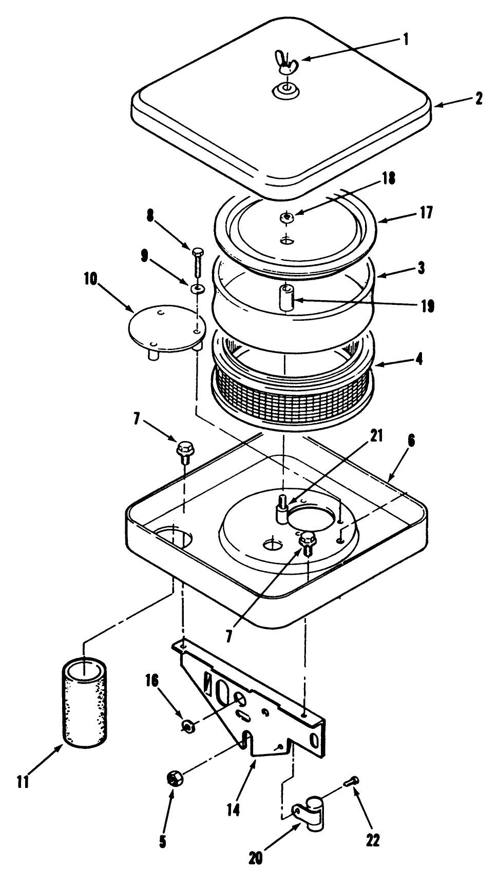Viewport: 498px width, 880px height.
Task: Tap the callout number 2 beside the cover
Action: pos(479,98)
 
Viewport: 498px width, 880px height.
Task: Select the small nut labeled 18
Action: pos(286,218)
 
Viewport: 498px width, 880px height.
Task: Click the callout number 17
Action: pos(426,213)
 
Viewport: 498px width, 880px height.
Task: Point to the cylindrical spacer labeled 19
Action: pos(286,298)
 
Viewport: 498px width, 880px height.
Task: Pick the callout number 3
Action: pos(421,268)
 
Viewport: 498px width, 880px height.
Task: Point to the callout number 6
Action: pos(412,441)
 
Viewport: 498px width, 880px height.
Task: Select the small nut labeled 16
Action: pos(187,726)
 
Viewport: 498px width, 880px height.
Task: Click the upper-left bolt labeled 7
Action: pos(183,451)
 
